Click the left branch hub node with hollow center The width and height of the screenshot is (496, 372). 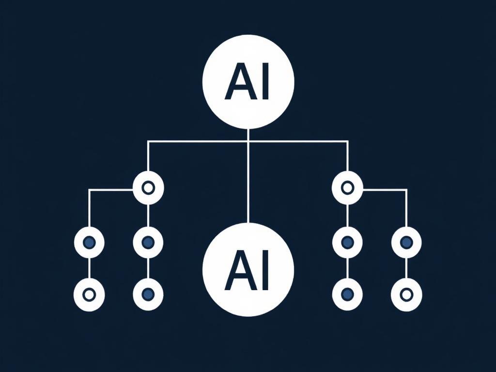[x=148, y=187]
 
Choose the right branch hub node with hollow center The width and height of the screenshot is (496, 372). [x=347, y=187]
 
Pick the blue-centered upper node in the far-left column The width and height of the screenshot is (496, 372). [x=89, y=242]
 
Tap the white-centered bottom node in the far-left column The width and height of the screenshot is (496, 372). [x=89, y=294]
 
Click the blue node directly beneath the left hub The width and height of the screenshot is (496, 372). [x=148, y=242]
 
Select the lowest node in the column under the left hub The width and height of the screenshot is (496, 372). [x=148, y=294]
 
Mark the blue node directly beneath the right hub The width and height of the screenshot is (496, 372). [x=347, y=242]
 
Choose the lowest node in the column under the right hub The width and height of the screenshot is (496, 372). [x=347, y=294]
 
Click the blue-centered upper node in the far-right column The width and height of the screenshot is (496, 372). [x=406, y=242]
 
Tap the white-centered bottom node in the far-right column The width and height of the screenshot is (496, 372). [x=406, y=294]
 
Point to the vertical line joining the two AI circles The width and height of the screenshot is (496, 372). [x=248, y=184]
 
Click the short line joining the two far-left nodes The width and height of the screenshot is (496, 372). [x=89, y=268]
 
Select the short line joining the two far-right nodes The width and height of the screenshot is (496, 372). [x=406, y=268]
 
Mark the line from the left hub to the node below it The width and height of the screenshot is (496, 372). [x=148, y=215]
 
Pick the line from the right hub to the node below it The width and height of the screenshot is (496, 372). [x=347, y=215]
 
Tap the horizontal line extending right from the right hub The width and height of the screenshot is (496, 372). [x=385, y=190]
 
